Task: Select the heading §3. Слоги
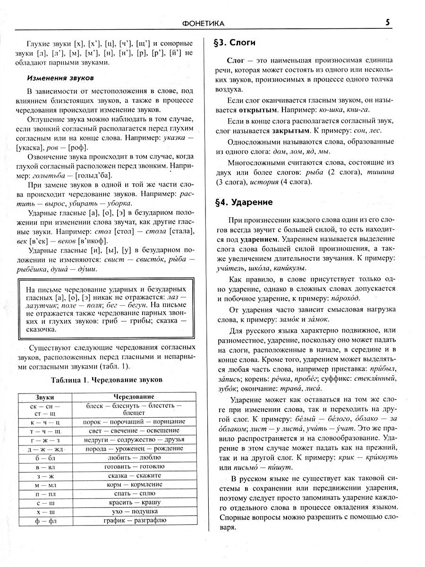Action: (235, 43)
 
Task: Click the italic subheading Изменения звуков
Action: (60, 77)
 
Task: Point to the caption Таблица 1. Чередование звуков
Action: (106, 379)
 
